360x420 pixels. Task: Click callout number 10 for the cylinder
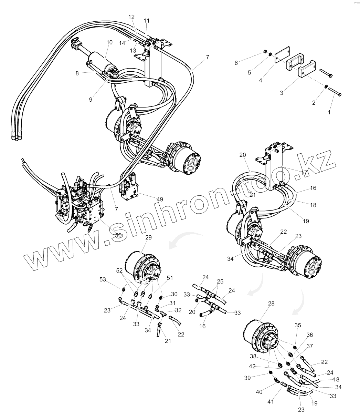click(109, 42)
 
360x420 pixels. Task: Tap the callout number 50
click(118, 235)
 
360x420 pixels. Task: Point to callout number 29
click(149, 238)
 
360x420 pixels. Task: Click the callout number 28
click(271, 303)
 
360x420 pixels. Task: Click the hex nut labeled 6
click(264, 52)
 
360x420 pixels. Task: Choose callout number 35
click(298, 325)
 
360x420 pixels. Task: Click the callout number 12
click(132, 17)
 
